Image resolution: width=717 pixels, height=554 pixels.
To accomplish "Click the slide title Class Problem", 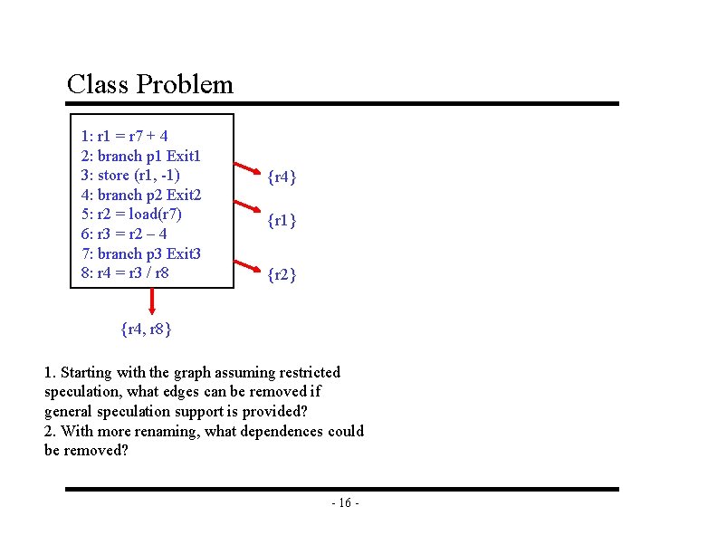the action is coord(150,85).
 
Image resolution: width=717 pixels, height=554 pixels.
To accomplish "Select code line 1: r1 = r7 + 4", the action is coord(124,137).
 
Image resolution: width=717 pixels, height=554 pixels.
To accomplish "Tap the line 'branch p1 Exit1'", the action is coord(140,156).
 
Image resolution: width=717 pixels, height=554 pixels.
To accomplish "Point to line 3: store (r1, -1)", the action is coord(130,175).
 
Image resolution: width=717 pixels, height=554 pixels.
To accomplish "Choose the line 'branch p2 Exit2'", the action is coord(141,195).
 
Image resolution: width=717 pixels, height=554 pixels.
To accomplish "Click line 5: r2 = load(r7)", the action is coord(131,214).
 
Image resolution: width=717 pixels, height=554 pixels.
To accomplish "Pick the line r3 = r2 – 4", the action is coord(124,234).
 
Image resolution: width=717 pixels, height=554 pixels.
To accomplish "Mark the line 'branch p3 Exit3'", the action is coord(141,253).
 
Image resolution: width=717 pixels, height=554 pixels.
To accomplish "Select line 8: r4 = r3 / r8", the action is coord(125,272).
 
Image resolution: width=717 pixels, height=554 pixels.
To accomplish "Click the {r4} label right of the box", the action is coord(281,178).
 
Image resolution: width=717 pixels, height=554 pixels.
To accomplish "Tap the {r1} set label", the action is coord(281,221).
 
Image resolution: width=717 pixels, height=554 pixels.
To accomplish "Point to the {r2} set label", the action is coord(281,274).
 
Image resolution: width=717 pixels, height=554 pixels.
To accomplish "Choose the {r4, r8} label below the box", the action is coord(147,329).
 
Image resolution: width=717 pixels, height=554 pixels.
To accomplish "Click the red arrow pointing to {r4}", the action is coord(245,167).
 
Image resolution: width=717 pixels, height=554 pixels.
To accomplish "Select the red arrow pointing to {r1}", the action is coord(245,215).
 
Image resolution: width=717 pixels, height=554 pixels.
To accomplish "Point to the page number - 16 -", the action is coord(345,503).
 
